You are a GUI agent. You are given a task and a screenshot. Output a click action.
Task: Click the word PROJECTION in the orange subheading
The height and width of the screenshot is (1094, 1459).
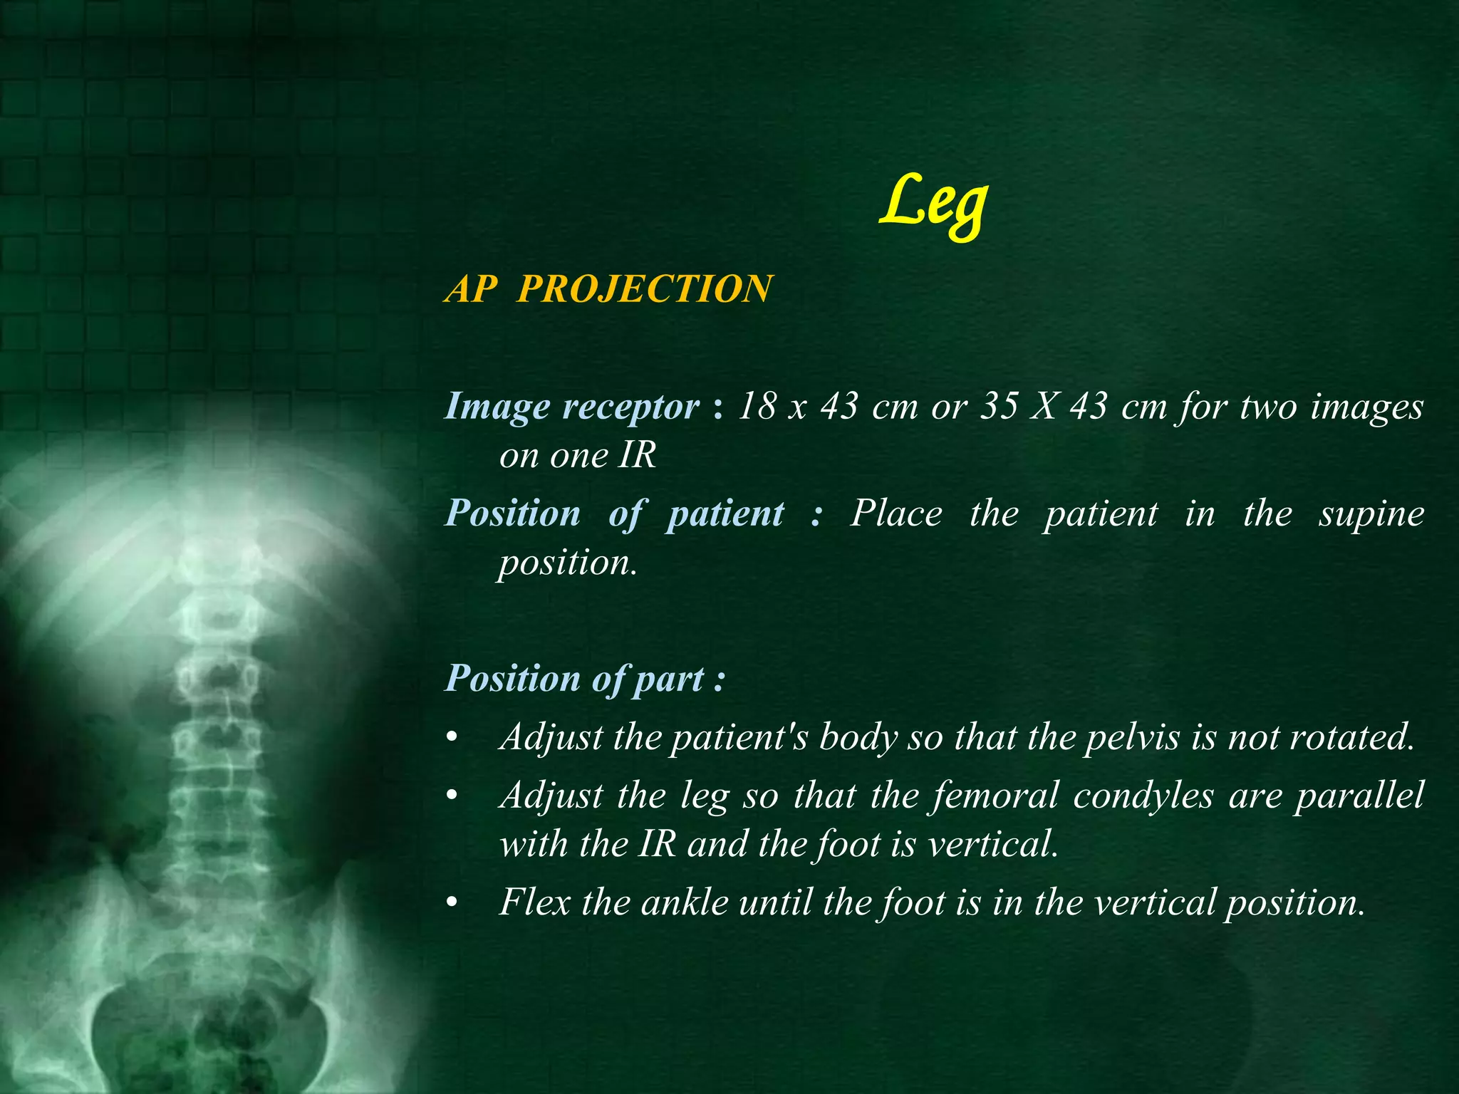tap(643, 289)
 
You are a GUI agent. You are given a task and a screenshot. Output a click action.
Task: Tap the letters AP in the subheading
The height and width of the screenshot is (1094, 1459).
tap(471, 289)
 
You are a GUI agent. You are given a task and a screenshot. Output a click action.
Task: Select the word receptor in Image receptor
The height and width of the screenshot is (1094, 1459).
tap(630, 407)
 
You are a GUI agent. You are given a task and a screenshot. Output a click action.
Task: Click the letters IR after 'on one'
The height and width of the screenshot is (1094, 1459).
tap(636, 455)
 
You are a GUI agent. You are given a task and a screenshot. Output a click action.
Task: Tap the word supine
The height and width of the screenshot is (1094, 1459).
tap(1371, 514)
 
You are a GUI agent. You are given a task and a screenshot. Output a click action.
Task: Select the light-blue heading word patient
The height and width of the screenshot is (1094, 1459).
tap(725, 514)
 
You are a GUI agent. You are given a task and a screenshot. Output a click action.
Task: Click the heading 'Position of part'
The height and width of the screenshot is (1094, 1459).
tap(584, 679)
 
